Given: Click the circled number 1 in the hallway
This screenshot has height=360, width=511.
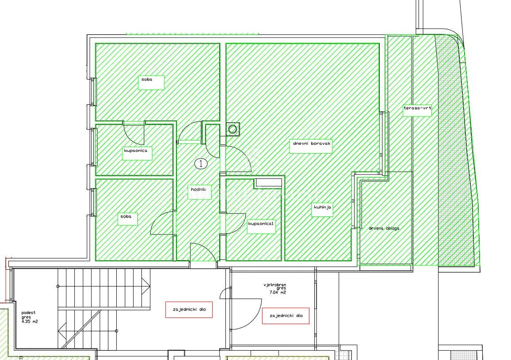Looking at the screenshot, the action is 201,163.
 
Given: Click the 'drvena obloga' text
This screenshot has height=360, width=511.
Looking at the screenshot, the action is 384,228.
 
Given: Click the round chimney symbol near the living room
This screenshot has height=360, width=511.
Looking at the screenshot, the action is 233,129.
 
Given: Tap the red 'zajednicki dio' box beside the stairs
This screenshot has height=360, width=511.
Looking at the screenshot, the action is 189,310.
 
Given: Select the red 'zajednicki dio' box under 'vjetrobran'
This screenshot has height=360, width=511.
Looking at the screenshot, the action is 286,316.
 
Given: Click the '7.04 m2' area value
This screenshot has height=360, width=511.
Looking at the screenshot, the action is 277,292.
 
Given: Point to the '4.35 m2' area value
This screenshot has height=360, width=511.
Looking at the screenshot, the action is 29,322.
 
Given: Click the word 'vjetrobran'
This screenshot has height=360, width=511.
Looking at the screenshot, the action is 275,285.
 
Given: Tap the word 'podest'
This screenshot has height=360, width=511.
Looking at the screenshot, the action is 28,313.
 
